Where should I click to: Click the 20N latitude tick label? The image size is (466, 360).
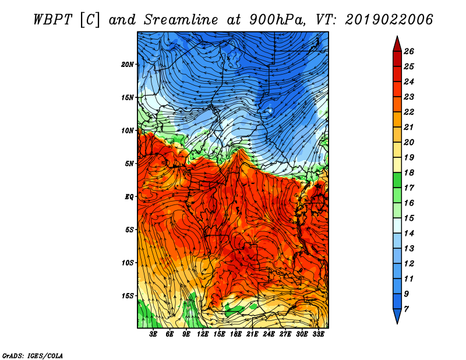pos(127,65)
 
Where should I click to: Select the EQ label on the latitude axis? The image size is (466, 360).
pos(129,197)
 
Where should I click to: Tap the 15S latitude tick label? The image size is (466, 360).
pos(128,296)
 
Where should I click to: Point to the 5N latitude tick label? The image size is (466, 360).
pos(129,164)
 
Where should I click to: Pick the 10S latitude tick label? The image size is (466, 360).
pos(128,263)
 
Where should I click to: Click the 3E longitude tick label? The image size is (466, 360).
pos(153,334)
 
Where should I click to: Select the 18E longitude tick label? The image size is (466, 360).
pos(236,334)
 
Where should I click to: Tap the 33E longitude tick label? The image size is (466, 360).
pos(318,334)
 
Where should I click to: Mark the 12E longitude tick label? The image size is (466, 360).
pos(203,334)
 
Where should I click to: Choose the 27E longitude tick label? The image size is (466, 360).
pos(285,334)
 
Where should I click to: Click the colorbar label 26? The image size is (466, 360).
pos(409,51)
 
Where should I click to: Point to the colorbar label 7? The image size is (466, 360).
pos(406,309)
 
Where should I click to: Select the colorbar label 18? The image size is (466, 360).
pos(409,172)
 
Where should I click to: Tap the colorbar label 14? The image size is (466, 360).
pos(409,234)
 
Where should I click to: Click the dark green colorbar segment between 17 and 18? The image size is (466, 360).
pos(397,180)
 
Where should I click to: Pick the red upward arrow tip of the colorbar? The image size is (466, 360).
pos(397,37)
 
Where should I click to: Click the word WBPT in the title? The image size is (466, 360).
pos(52,20)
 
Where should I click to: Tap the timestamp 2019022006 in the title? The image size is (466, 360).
pos(389,20)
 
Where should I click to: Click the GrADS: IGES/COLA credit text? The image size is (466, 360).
pos(33,355)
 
